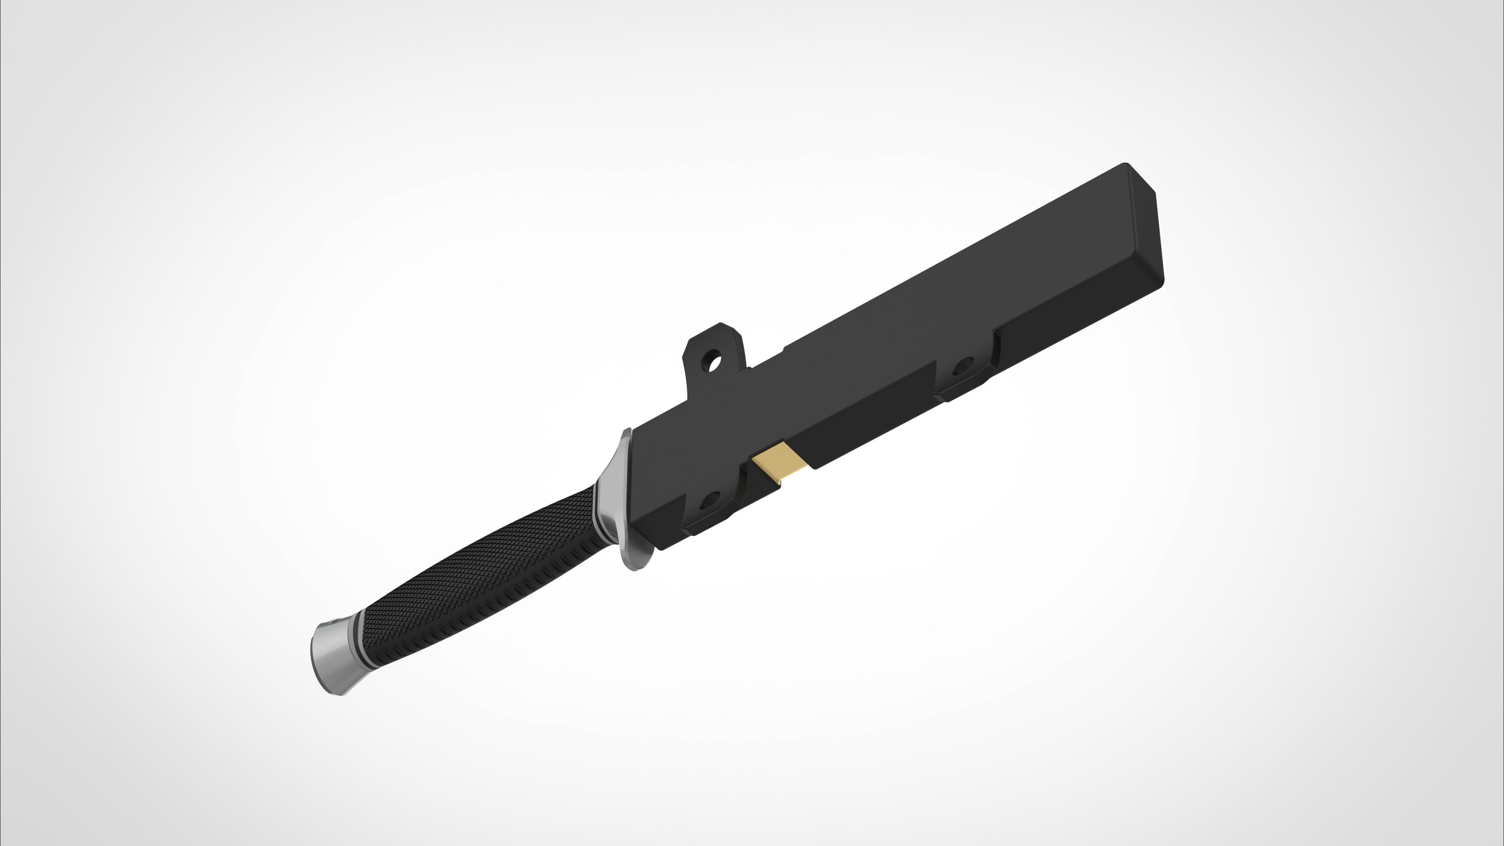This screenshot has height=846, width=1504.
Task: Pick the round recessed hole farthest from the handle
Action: [963, 368]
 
